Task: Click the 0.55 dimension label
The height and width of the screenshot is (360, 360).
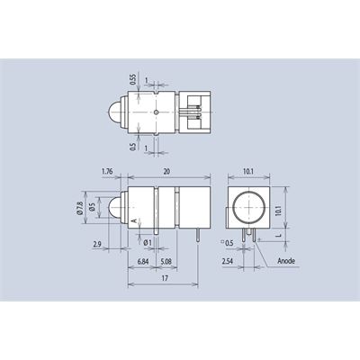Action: (133, 79)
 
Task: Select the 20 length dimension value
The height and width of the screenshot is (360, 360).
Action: (166, 171)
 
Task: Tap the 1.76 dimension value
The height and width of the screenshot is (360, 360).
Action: (107, 171)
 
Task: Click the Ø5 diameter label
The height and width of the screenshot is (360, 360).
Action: (92, 207)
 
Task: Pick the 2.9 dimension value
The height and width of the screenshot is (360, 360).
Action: (97, 244)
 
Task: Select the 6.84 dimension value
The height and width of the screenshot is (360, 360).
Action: (143, 261)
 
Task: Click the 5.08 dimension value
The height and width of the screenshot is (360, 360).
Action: (166, 261)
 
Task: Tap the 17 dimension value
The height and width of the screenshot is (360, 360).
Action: (165, 278)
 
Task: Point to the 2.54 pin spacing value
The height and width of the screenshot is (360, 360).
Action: (228, 261)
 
